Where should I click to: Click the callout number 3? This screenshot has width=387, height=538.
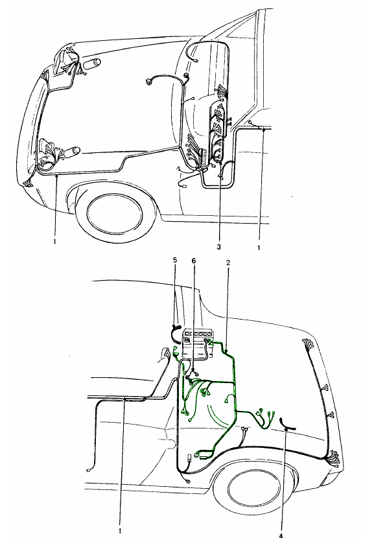(x=218, y=247)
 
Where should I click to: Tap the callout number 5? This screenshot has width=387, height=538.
(x=175, y=260)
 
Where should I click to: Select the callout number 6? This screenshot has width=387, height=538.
(x=193, y=261)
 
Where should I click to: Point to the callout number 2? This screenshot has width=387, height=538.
(x=228, y=263)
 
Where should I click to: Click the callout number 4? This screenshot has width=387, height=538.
(x=281, y=535)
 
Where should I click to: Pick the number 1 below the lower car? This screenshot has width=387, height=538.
(x=120, y=531)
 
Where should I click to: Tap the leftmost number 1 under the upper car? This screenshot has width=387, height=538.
(x=54, y=242)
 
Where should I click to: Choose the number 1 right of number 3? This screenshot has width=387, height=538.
(x=259, y=248)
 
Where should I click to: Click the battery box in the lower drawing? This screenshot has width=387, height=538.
(x=200, y=344)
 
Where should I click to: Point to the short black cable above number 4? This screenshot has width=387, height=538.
(x=288, y=425)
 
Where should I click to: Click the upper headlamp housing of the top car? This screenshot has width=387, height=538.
(x=65, y=61)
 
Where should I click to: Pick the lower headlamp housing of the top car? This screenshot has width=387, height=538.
(x=48, y=154)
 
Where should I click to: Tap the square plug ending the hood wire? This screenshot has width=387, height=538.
(x=149, y=81)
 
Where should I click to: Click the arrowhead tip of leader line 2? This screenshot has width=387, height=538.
(x=228, y=352)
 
